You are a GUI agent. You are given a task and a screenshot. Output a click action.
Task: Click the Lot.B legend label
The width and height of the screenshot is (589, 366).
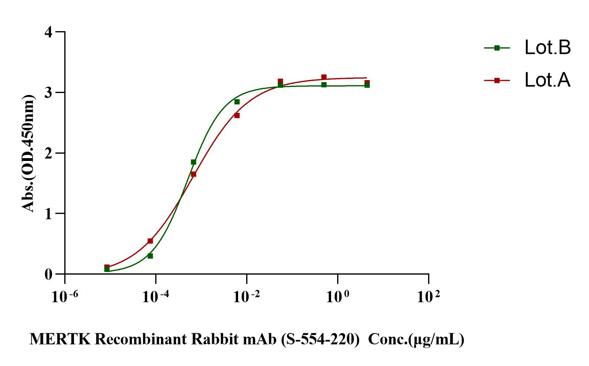click(547, 48)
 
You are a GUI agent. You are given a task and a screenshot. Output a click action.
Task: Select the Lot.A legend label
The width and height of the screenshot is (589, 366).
click(547, 80)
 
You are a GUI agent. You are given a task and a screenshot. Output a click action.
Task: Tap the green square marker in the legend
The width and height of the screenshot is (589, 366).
click(497, 48)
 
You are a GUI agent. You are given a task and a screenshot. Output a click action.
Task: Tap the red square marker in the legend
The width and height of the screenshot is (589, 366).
click(497, 80)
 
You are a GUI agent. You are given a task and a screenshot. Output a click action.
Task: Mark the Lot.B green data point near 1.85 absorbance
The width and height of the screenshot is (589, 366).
click(194, 162)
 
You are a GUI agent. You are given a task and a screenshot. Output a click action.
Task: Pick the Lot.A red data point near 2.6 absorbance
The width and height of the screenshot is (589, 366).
click(237, 116)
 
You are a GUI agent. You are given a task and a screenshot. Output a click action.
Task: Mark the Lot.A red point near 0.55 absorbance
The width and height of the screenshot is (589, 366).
click(150, 241)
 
